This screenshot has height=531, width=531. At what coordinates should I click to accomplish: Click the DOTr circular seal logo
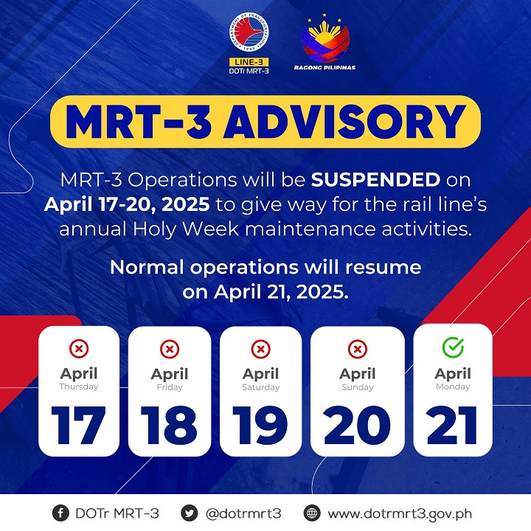tap(249, 32)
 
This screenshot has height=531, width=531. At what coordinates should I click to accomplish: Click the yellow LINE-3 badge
tap(249, 62)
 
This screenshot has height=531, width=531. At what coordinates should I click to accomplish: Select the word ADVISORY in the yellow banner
tap(344, 122)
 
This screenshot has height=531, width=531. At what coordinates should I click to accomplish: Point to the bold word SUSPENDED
tap(375, 179)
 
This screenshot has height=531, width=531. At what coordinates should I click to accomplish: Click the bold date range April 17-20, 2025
tap(127, 204)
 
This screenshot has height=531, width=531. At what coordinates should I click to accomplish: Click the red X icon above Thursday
tap(79, 349)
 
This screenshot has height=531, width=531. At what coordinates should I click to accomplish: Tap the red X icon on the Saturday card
tap(261, 349)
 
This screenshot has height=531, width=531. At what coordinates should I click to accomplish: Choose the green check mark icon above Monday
tap(453, 347)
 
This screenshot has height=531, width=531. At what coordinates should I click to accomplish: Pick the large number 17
tap(79, 425)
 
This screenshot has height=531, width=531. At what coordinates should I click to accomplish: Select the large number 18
tap(169, 425)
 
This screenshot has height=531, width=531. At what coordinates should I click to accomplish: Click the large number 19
tap(260, 425)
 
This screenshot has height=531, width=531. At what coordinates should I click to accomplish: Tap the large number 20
tap(357, 425)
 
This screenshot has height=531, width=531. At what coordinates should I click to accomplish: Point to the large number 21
tap(452, 425)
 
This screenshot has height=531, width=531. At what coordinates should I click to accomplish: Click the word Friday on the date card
tap(170, 387)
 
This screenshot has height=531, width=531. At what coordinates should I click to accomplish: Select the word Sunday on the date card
tap(358, 387)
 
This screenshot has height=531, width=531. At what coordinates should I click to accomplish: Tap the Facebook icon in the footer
tap(60, 513)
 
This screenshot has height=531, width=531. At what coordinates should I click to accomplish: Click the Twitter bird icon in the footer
tap(189, 513)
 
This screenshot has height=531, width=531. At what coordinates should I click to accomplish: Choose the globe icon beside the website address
tap(312, 513)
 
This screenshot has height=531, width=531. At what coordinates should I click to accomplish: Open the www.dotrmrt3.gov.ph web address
tap(400, 514)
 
